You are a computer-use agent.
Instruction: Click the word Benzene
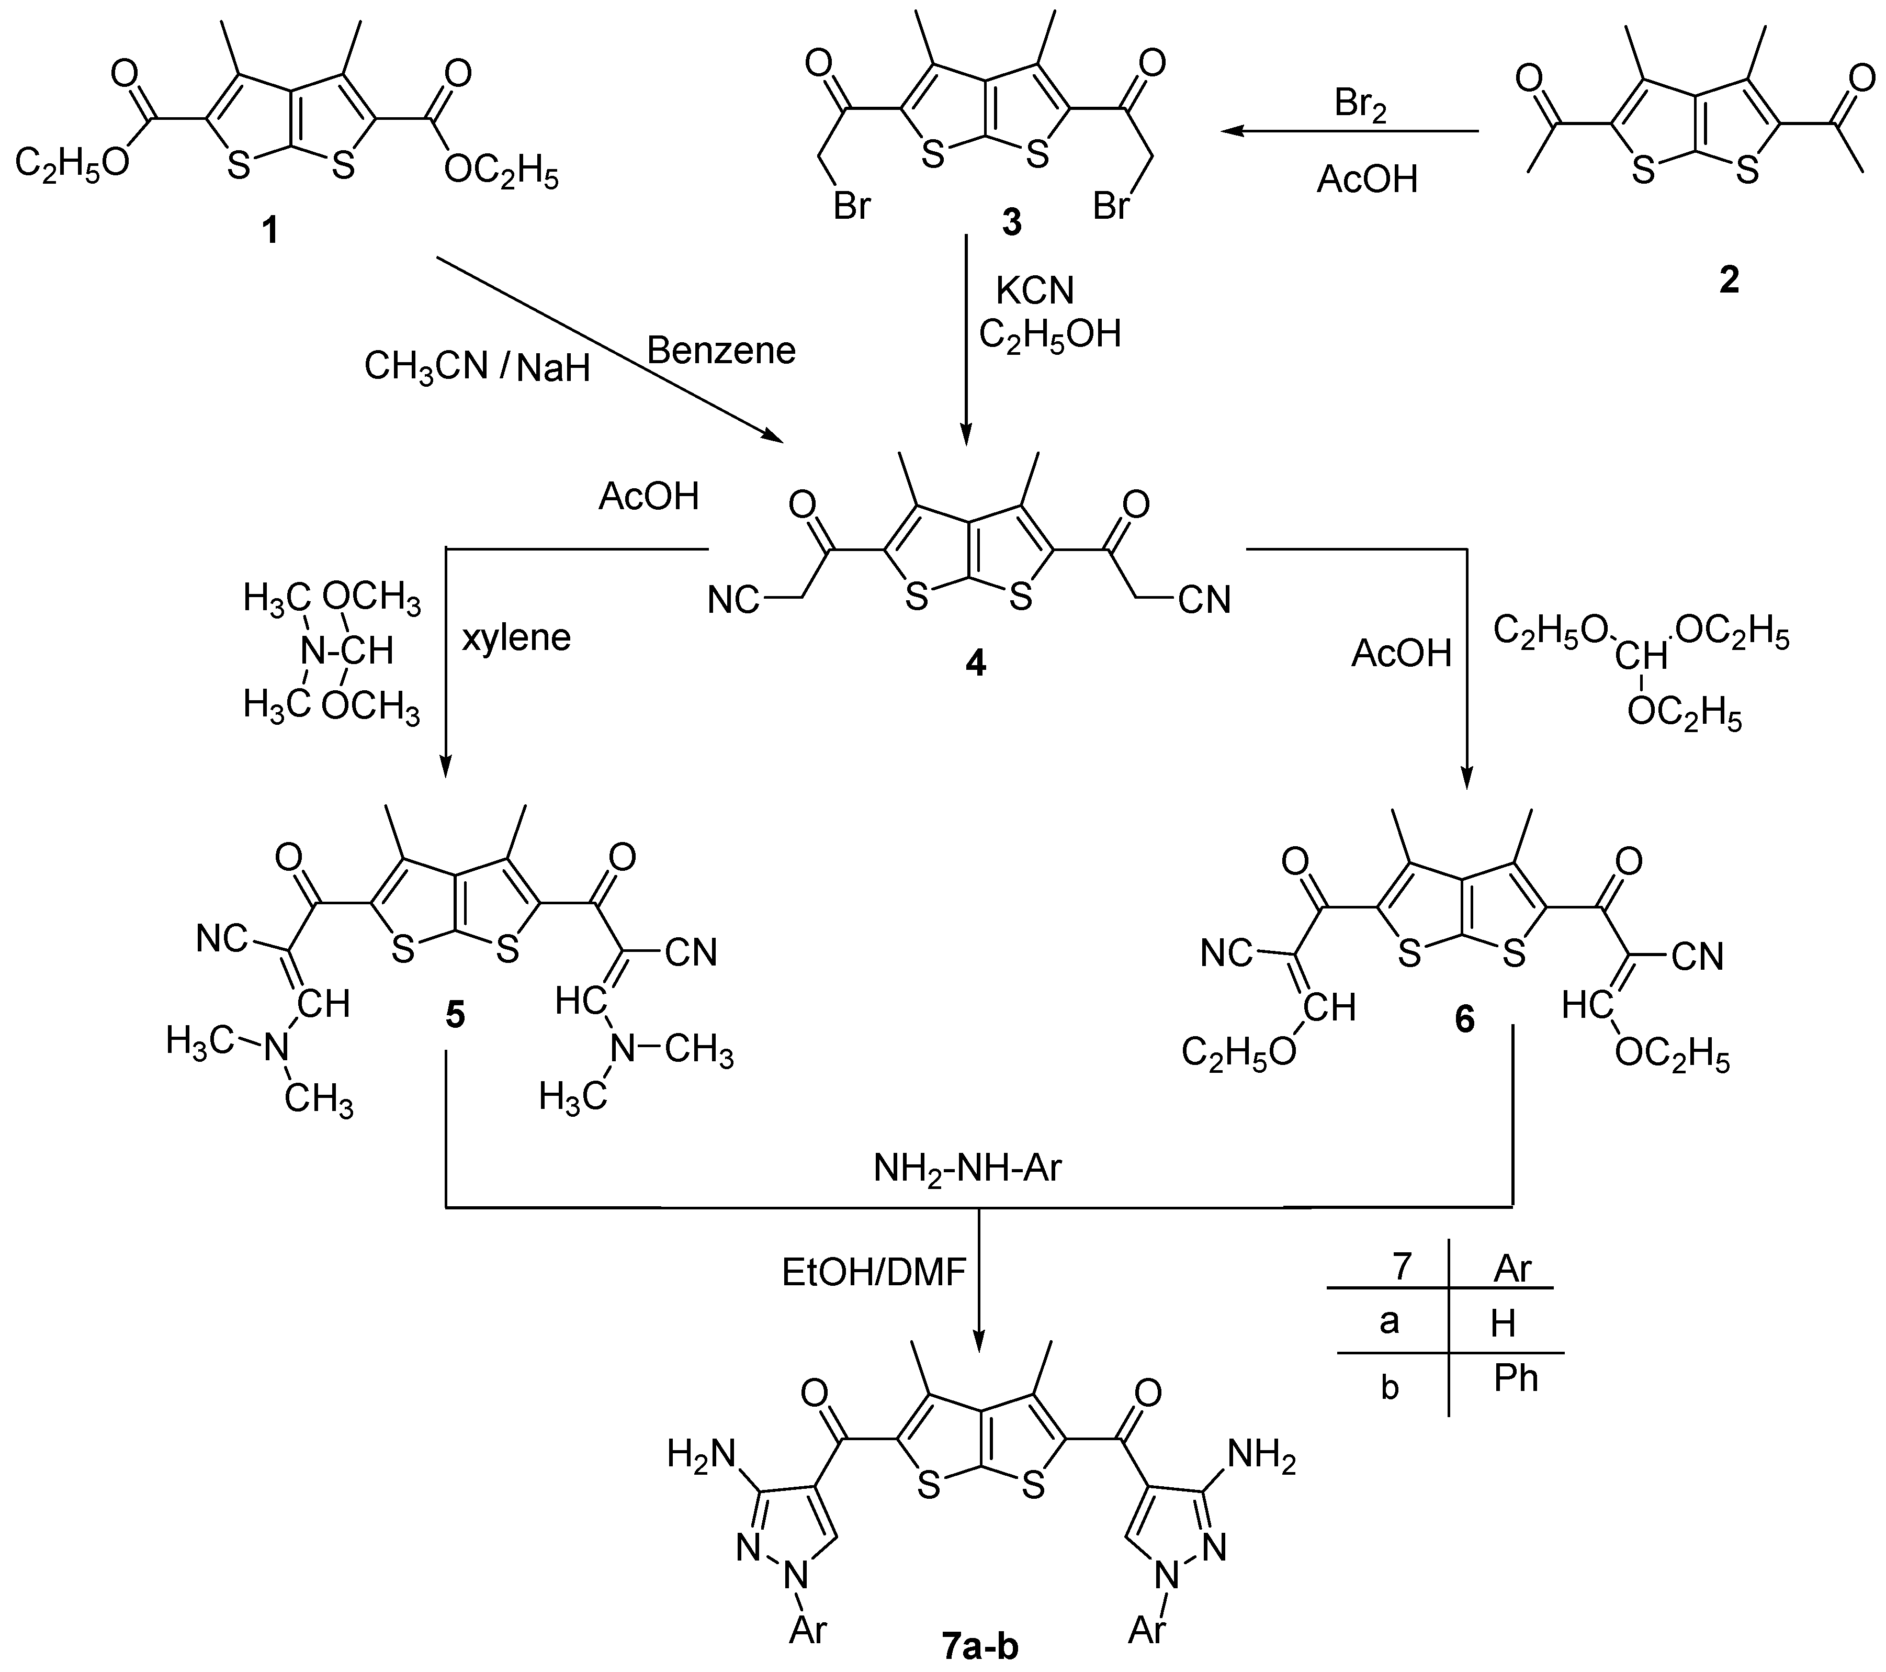[x=720, y=351]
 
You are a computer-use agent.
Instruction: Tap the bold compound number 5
[x=455, y=1016]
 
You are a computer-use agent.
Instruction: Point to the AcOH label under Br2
[x=1366, y=179]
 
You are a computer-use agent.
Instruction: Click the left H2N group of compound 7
[x=701, y=1455]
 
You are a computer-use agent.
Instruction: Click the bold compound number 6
[x=1464, y=1019]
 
